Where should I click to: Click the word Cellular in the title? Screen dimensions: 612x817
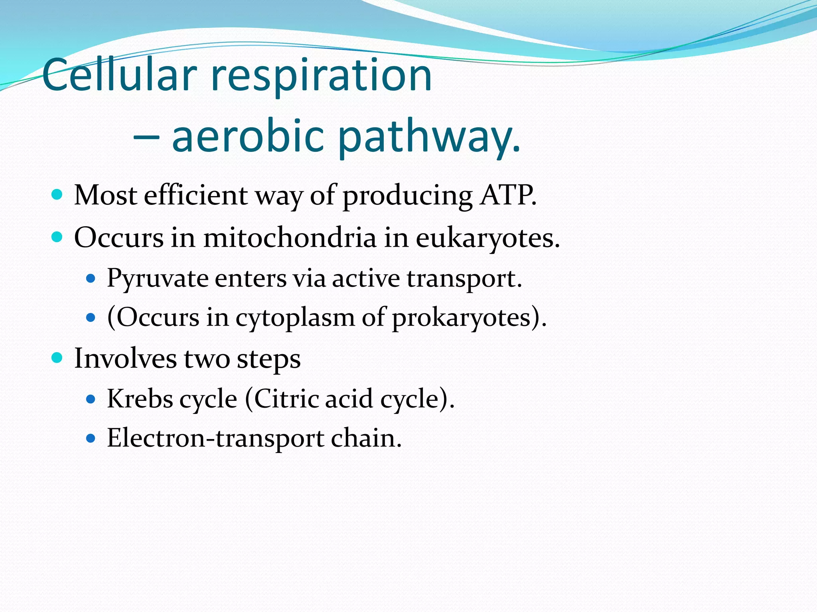click(x=120, y=75)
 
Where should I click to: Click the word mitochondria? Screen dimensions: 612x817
click(x=290, y=238)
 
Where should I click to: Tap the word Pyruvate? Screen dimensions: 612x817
click(x=157, y=279)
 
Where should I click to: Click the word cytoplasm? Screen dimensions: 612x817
click(x=294, y=318)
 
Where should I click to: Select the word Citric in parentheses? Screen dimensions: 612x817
click(x=286, y=398)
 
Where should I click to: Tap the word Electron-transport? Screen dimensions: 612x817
click(x=215, y=438)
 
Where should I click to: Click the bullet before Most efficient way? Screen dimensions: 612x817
click(x=57, y=195)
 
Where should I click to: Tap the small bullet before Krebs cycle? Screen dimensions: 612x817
click(x=91, y=399)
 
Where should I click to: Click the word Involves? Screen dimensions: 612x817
click(x=125, y=358)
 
